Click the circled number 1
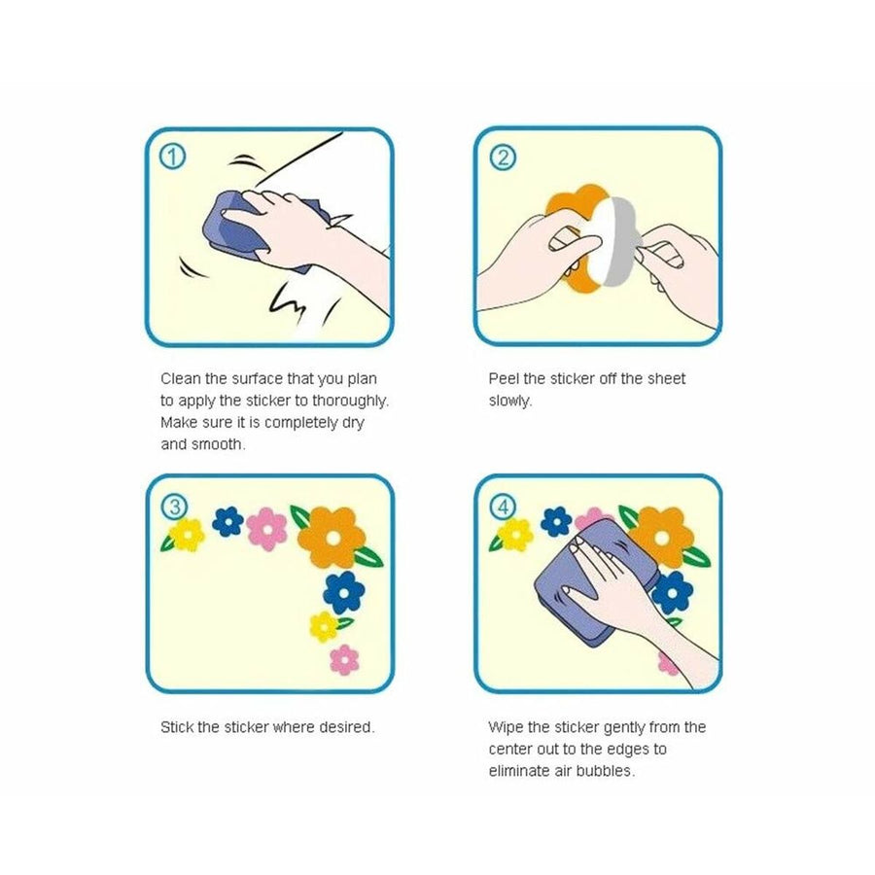click(172, 157)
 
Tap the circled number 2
click(503, 157)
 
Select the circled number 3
click(175, 507)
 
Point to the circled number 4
click(503, 507)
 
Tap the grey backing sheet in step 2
click(620, 241)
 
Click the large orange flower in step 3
click(332, 538)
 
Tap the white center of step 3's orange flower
click(333, 538)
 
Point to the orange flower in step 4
click(662, 537)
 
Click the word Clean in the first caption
click(180, 379)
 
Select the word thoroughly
click(350, 402)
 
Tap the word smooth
click(218, 444)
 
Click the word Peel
click(504, 379)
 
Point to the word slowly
click(510, 402)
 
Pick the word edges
click(628, 750)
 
